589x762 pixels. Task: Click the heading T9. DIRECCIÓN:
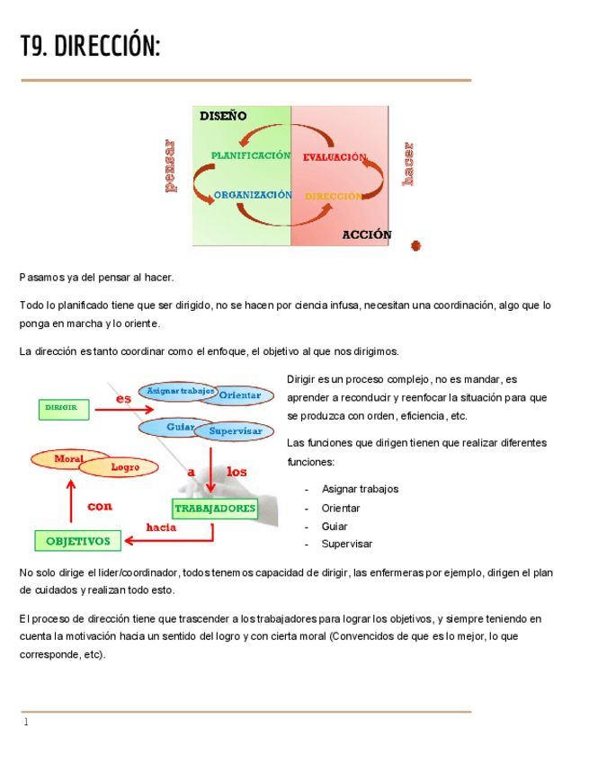tap(90, 46)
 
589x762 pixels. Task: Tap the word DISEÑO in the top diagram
tap(222, 116)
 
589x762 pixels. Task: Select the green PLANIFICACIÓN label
tap(251, 155)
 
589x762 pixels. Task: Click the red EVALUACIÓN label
tap(334, 157)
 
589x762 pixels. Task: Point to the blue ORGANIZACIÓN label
tap(253, 195)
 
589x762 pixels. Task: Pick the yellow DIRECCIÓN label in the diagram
tap(333, 196)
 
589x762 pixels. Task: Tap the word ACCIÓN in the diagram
tap(367, 235)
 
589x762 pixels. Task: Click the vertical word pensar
tap(170, 166)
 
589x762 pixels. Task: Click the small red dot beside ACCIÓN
tap(415, 245)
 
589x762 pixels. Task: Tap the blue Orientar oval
tap(240, 395)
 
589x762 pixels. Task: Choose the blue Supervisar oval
tap(236, 431)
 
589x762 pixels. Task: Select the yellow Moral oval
tap(68, 459)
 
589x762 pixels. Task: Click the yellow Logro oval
tap(124, 467)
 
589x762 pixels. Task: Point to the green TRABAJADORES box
tap(215, 509)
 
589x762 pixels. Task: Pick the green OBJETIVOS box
tap(78, 541)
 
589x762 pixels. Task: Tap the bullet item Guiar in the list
tap(335, 527)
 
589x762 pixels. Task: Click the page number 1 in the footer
tap(27, 722)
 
